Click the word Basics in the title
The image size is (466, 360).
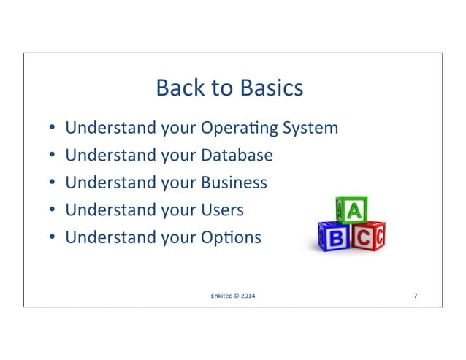click(x=270, y=89)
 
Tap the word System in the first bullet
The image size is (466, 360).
click(x=310, y=129)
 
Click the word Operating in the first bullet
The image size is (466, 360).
click(x=239, y=129)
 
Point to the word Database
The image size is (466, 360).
click(x=237, y=156)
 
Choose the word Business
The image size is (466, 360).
click(x=234, y=183)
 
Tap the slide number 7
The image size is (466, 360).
click(x=415, y=296)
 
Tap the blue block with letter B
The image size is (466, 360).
click(x=335, y=238)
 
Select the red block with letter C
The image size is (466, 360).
click(x=367, y=237)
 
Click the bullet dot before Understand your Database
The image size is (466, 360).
click(x=53, y=156)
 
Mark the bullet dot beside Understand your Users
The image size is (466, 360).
click(x=53, y=211)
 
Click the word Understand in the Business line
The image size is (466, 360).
click(x=102, y=183)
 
